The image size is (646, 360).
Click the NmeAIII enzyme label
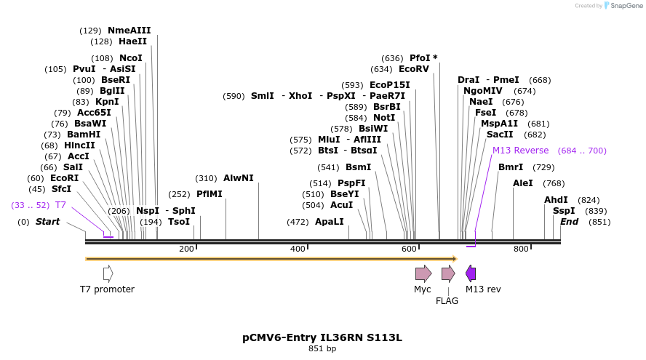129,31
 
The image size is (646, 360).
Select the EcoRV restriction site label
414,69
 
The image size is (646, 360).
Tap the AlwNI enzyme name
238,178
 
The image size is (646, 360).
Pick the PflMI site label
210,194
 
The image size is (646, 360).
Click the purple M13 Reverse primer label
520,151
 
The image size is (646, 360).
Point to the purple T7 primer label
60,205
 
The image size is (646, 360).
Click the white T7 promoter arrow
108,273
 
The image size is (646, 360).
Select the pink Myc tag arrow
423,273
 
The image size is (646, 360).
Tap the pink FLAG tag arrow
448,273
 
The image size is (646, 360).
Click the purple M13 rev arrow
471,273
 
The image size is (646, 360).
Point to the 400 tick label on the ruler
298,249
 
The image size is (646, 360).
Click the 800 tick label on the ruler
521,249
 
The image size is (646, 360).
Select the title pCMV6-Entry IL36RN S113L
322,337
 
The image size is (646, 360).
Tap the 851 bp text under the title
322,348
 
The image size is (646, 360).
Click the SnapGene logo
623,6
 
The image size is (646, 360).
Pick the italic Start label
47,222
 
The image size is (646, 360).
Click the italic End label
569,222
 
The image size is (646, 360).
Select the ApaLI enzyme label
329,222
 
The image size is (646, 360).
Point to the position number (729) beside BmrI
543,167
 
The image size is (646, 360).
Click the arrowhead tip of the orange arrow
458,259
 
